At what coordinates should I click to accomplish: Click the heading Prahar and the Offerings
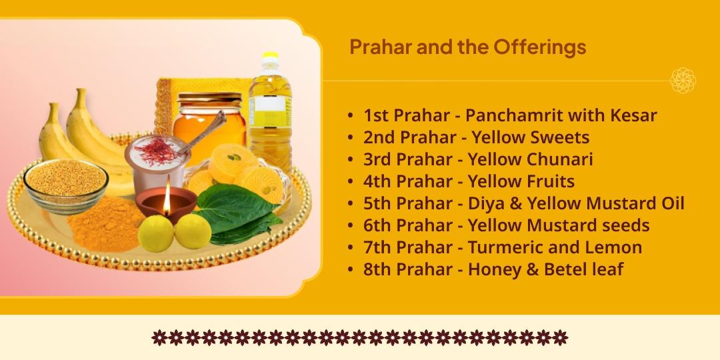tap(467, 47)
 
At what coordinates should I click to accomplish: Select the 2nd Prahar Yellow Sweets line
tap(476, 137)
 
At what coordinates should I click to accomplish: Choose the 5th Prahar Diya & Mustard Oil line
tap(523, 203)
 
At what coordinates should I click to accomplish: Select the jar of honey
tap(208, 120)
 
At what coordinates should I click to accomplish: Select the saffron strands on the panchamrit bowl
tap(157, 150)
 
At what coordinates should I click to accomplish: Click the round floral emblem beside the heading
tap(683, 80)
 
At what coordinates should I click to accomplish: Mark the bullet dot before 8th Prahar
tap(351, 270)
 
